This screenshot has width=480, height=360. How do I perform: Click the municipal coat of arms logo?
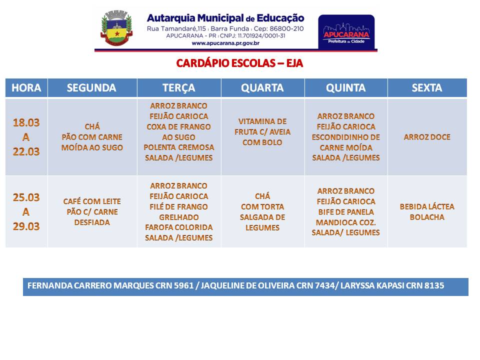pyautogui.click(x=116, y=28)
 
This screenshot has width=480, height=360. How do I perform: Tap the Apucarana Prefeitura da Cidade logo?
pyautogui.click(x=346, y=32)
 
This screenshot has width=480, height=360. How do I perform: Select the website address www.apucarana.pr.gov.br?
pyautogui.click(x=225, y=43)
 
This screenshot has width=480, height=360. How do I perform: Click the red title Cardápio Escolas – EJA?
pyautogui.click(x=239, y=63)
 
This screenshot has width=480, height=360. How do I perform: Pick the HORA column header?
pyautogui.click(x=26, y=88)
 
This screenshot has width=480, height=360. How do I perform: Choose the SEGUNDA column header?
pyautogui.click(x=91, y=88)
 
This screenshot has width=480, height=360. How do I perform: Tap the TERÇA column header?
pyautogui.click(x=179, y=88)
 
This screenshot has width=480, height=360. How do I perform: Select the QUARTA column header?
pyautogui.click(x=262, y=88)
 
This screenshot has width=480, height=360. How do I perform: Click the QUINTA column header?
pyautogui.click(x=345, y=88)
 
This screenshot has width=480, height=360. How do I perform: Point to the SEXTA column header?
pyautogui.click(x=426, y=88)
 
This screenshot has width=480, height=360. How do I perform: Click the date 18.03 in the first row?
pyautogui.click(x=26, y=122)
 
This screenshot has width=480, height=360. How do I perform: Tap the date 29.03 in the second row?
pyautogui.click(x=26, y=226)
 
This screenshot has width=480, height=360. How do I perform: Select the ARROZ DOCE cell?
pyautogui.click(x=427, y=137)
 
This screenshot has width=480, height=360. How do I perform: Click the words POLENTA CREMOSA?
pyautogui.click(x=179, y=147)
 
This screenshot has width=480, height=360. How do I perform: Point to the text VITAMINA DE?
pyautogui.click(x=262, y=121)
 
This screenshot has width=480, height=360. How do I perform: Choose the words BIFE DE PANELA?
pyautogui.click(x=346, y=212)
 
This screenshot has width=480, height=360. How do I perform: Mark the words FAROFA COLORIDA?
pyautogui.click(x=179, y=227)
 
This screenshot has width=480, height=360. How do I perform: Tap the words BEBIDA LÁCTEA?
pyautogui.click(x=427, y=206)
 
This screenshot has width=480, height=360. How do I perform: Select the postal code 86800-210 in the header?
pyautogui.click(x=286, y=29)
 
